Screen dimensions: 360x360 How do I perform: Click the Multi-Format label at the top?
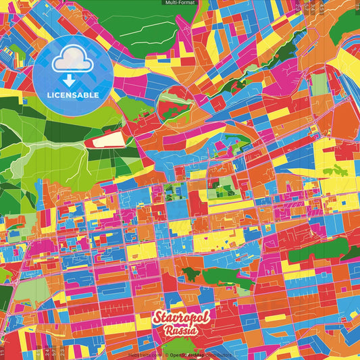click(179, 3)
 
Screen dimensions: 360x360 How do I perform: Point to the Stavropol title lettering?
click(180, 318)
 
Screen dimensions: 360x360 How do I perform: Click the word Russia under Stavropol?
click(180, 332)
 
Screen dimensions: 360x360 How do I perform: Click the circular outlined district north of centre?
click(174, 103)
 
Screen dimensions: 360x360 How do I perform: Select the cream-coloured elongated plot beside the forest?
click(109, 139)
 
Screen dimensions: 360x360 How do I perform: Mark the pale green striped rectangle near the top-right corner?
click(319, 84)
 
